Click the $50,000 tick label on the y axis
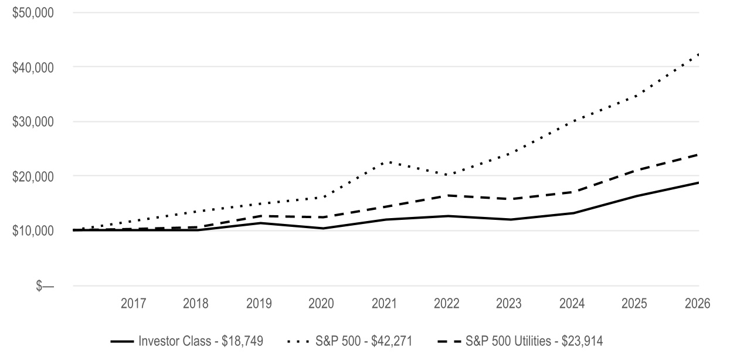[33, 13]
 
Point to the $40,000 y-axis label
[33, 67]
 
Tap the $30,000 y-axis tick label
[33, 122]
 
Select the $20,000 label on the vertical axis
[33, 176]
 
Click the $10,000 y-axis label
[33, 231]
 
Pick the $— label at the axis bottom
[45, 286]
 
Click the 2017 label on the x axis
[133, 304]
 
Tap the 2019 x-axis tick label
[259, 304]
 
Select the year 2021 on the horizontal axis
[384, 304]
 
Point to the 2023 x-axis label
[508, 304]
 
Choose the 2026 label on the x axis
[698, 304]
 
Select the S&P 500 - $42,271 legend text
[364, 341]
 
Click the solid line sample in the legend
[122, 342]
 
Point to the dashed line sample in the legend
[449, 342]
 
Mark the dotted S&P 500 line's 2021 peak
[389, 162]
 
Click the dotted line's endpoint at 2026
[698, 54]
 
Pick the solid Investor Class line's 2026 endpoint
[698, 183]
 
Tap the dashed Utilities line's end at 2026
[698, 155]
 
